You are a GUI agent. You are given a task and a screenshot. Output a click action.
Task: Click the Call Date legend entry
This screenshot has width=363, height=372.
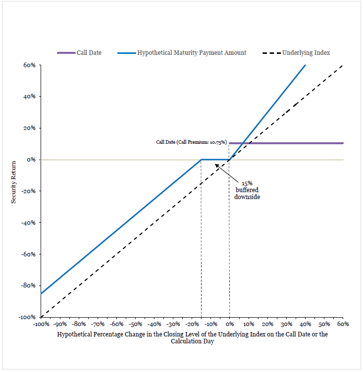[79, 53]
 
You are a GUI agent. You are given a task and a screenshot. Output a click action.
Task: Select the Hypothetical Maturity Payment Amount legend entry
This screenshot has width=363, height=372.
[182, 53]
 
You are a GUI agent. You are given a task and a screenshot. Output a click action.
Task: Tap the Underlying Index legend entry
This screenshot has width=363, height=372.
[296, 53]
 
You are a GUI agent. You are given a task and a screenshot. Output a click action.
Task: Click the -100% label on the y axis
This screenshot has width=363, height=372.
[27, 317]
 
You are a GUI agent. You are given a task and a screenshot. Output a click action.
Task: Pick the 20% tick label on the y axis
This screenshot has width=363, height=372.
[30, 128]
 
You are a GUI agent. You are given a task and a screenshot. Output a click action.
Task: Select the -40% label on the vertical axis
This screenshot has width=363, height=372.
[28, 222]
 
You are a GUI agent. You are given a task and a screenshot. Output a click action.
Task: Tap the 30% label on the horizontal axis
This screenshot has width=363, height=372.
[286, 324]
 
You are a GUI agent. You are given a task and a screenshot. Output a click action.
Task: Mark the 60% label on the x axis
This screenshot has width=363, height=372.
[343, 324]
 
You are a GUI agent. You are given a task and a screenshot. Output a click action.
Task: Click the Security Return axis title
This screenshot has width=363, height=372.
[13, 182]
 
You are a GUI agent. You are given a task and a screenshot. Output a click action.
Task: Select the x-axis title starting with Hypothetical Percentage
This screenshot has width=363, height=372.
[192, 337]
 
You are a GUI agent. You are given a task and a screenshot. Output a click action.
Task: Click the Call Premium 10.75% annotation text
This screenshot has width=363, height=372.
[192, 142]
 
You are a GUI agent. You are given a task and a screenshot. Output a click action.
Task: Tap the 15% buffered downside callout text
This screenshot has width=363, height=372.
[247, 190]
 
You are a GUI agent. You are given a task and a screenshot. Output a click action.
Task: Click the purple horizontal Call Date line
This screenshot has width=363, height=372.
[286, 143]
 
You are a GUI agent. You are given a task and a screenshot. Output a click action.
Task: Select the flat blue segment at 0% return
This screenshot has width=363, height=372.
[215, 160]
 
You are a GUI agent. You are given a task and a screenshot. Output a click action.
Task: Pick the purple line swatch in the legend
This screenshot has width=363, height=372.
[66, 53]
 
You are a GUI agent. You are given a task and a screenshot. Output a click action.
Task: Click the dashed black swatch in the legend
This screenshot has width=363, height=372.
[272, 53]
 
